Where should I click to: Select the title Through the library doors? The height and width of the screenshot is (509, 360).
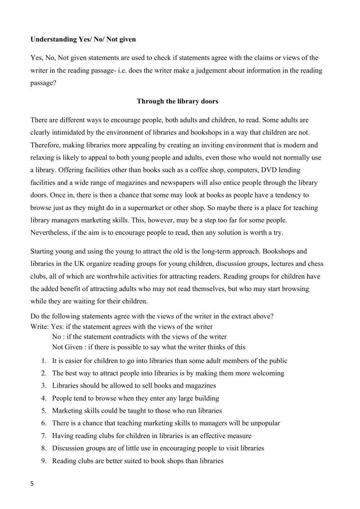(x=177, y=101)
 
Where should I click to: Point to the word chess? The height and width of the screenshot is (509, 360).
(x=315, y=264)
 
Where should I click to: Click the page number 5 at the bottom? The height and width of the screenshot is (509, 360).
(x=32, y=484)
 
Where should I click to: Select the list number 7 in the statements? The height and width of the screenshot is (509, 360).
(x=43, y=436)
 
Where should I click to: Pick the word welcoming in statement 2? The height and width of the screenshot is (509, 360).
(x=267, y=373)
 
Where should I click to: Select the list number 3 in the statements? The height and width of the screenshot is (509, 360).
(x=43, y=386)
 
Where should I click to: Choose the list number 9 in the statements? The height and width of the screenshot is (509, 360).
(x=43, y=461)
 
